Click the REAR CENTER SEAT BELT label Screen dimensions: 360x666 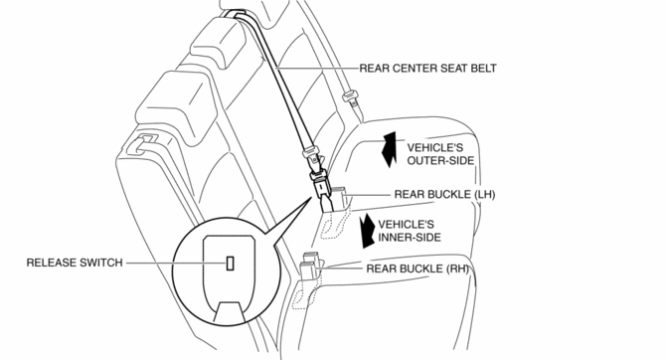pos(427,69)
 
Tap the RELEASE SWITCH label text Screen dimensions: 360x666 pos(74,264)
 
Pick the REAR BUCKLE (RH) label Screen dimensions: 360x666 pos(416,269)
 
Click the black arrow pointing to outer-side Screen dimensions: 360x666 pos(390,150)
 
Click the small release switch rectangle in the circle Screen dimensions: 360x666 pos(231,264)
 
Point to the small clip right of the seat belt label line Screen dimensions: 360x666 pos(349,98)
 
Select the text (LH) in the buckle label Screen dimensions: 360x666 pos(483,195)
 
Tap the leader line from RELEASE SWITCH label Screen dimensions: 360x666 pos(174,264)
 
